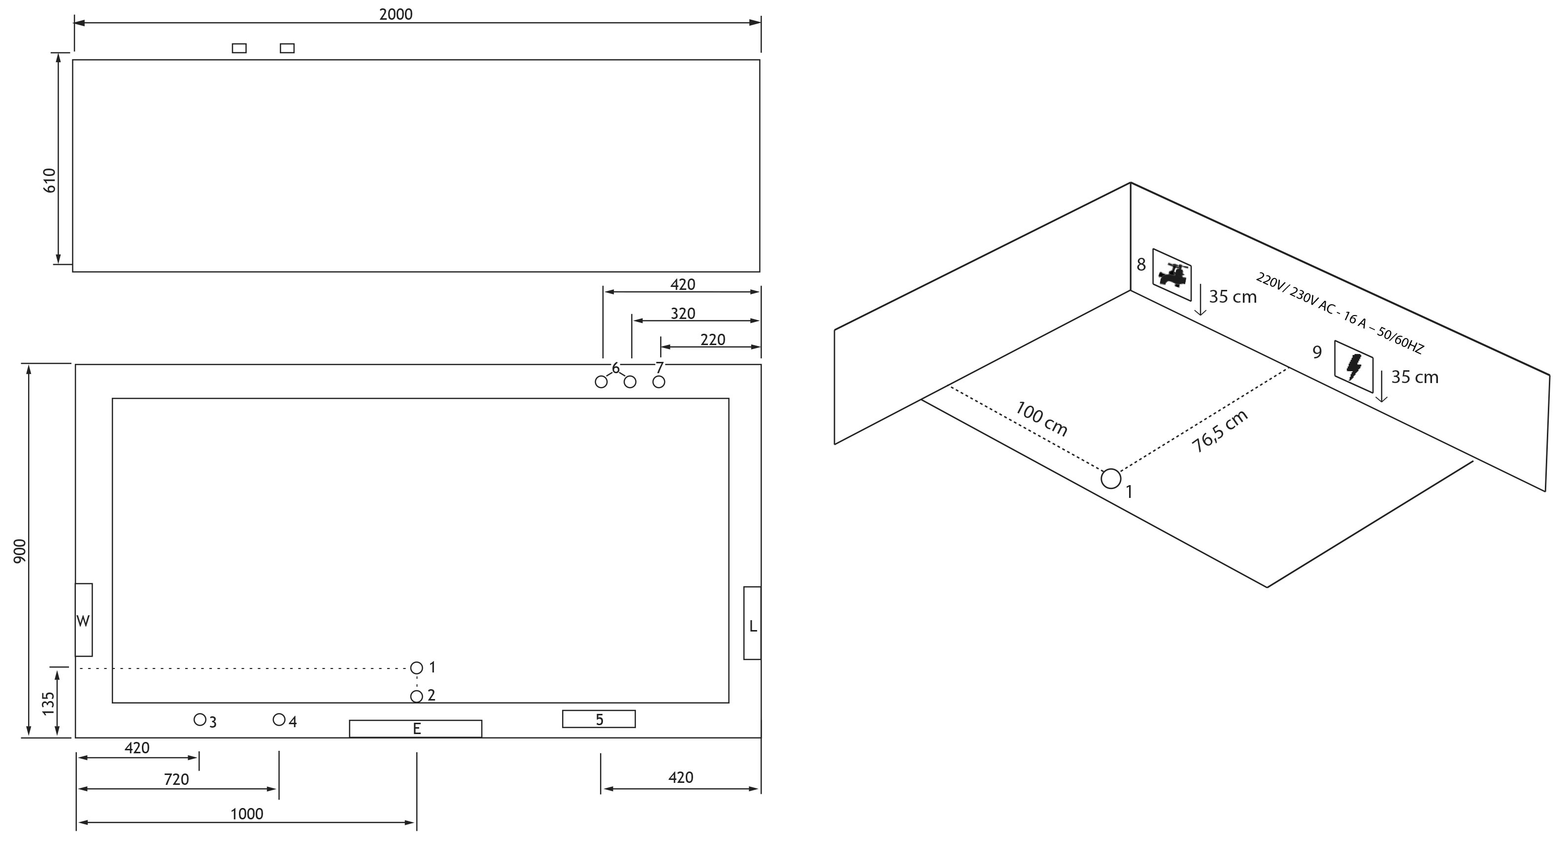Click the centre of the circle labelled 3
click(x=200, y=720)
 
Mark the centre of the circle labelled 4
click(x=279, y=720)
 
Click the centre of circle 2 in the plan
click(x=416, y=696)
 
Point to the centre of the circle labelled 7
click(x=659, y=382)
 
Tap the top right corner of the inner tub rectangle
click(x=729, y=399)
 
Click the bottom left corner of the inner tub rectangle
click(x=113, y=703)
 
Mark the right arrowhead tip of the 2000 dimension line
click(x=761, y=23)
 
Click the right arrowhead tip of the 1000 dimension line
click(x=415, y=823)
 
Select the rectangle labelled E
click(x=416, y=729)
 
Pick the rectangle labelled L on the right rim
click(x=752, y=623)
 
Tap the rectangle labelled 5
click(x=599, y=719)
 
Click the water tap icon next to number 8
click(x=1172, y=275)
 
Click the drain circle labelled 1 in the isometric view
click(x=1111, y=479)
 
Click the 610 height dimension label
click(x=50, y=181)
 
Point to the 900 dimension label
click(x=20, y=551)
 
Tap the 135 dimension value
click(x=49, y=703)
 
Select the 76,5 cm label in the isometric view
click(x=1220, y=431)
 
